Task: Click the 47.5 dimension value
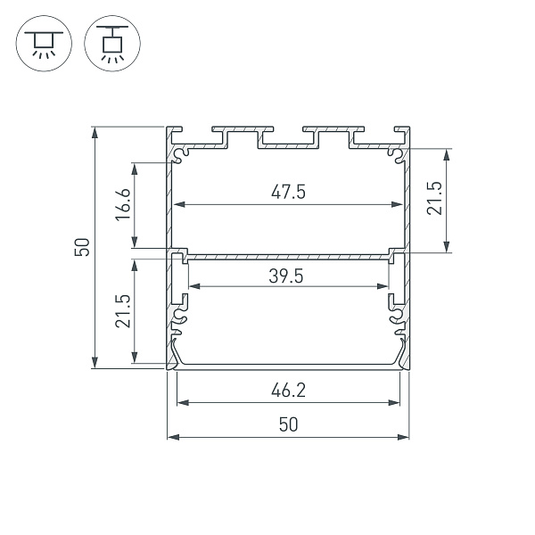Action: click(287, 192)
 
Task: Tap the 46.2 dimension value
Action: click(287, 390)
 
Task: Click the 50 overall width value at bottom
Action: click(287, 425)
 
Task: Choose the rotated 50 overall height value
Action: click(82, 247)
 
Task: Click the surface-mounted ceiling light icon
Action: click(39, 42)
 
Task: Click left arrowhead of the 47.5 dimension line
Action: click(177, 205)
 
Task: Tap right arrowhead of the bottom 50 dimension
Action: click(406, 437)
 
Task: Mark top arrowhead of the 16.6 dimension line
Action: click(135, 167)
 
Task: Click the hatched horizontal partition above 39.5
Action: click(287, 256)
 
